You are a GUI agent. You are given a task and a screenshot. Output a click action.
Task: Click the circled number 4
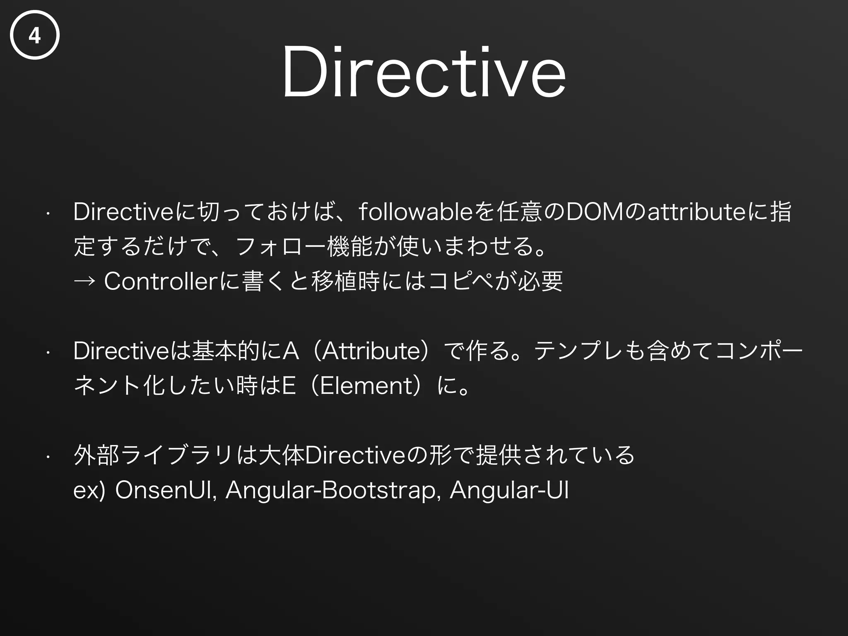[35, 35]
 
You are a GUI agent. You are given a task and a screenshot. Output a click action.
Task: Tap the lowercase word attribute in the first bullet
[695, 212]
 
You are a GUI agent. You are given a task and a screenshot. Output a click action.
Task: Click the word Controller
[161, 282]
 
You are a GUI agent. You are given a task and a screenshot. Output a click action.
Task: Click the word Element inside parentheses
[366, 386]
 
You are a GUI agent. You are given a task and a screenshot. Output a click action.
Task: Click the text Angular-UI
[509, 490]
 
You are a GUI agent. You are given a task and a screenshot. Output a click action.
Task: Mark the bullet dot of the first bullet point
[48, 214]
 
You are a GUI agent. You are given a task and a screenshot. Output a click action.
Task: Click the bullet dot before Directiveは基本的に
[48, 353]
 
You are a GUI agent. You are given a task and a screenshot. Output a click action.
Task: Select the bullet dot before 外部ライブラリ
[48, 457]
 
